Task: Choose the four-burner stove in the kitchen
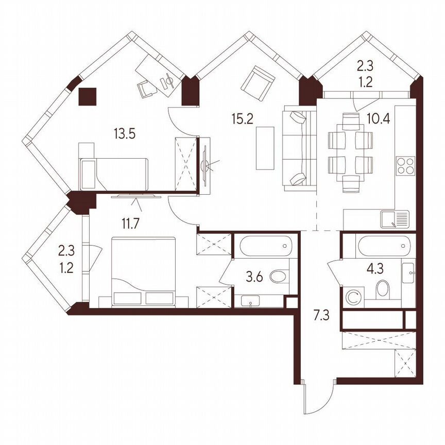(405, 166)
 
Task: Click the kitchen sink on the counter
(395, 219)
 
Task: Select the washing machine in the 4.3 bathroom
(353, 297)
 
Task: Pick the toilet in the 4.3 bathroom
(383, 289)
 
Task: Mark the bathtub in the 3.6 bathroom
(266, 246)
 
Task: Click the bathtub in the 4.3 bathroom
(384, 246)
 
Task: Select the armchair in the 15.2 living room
(258, 83)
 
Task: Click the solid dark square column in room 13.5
(87, 96)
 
